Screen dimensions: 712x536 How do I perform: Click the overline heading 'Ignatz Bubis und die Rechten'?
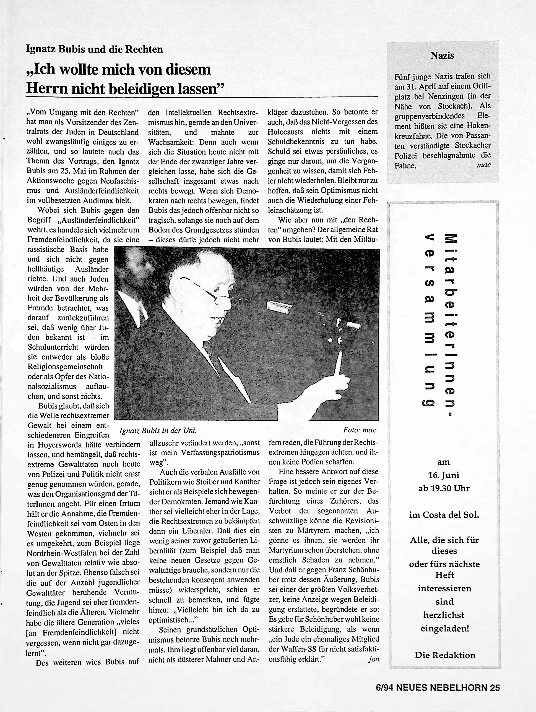coord(94,49)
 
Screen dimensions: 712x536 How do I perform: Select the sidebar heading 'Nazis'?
coord(442,56)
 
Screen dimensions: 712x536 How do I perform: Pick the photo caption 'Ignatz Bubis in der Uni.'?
coord(158,430)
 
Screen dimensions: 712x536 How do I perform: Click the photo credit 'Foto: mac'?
coord(360,430)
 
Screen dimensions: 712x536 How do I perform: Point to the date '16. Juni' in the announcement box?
coord(443,475)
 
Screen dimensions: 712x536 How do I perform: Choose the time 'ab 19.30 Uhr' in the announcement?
coord(444,488)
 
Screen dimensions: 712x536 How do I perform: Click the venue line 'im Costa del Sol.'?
coord(444,515)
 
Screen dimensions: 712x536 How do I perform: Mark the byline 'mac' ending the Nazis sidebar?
coord(483,165)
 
